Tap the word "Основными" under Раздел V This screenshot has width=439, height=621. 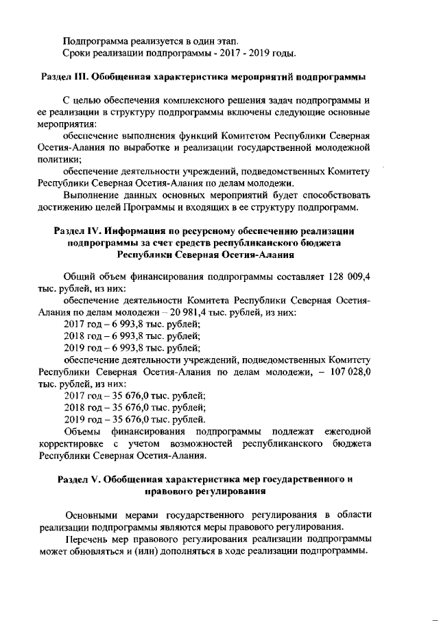click(x=93, y=515)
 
